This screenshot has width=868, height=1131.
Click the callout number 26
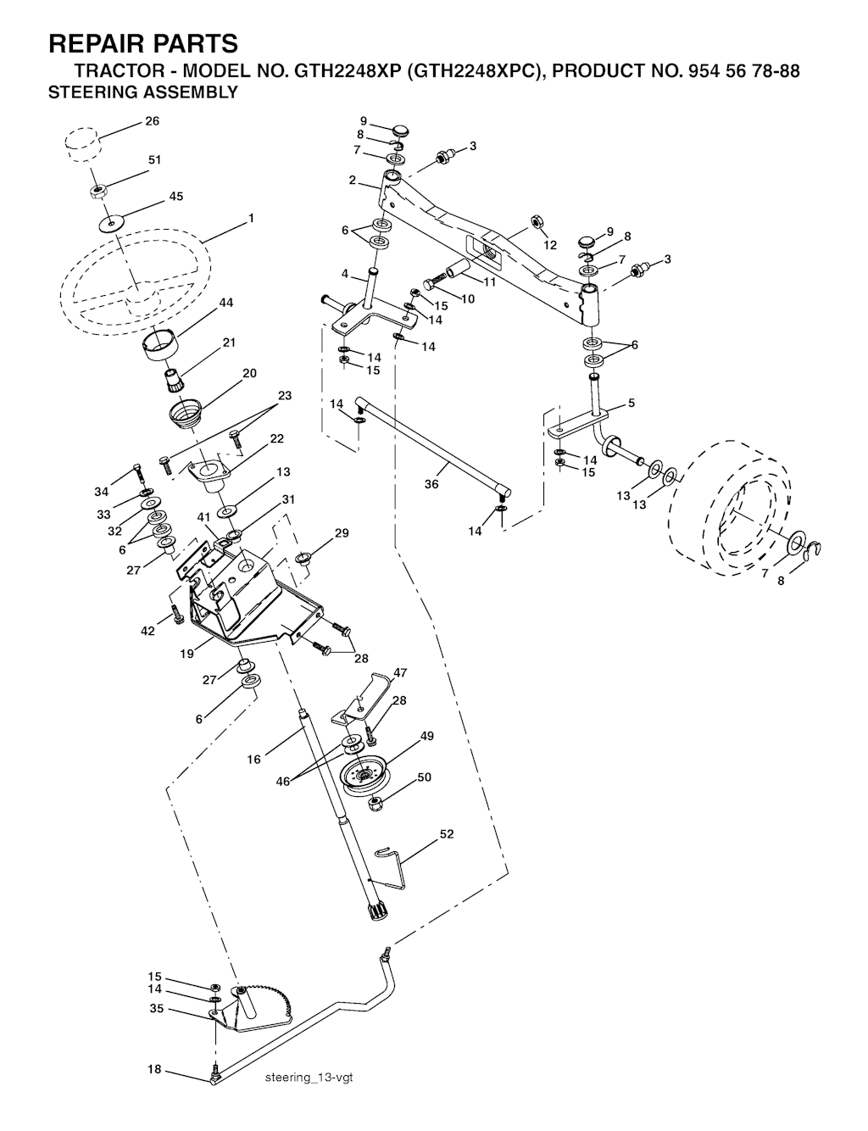pos(152,121)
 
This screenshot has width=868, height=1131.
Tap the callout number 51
pos(154,160)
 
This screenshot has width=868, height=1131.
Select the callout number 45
pos(176,196)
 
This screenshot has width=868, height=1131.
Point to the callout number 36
pos(431,484)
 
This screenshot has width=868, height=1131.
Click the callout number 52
pos(447,833)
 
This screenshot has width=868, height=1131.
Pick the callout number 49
pos(426,736)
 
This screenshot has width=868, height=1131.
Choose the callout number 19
pos(186,653)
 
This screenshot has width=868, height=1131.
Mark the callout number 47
pos(400,672)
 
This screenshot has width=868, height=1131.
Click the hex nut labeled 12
pos(537,222)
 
